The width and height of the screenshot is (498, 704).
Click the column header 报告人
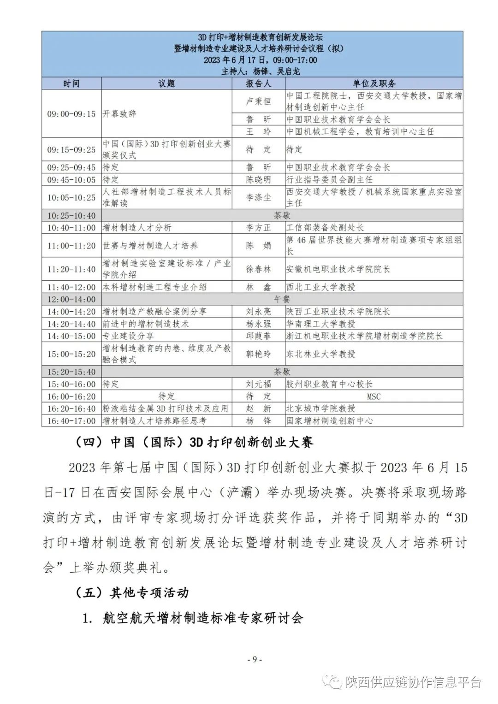(x=258, y=83)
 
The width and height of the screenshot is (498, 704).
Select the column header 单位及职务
(x=373, y=83)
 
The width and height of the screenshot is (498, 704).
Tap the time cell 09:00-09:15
(x=71, y=113)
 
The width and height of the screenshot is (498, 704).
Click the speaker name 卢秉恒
(x=258, y=101)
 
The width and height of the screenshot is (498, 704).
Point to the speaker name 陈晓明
(x=258, y=179)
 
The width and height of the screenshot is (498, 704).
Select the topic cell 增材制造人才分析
(x=137, y=228)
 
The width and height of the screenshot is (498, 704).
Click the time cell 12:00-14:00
(x=71, y=300)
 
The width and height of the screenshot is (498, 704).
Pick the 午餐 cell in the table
(x=282, y=300)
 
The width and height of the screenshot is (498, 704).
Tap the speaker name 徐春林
(x=258, y=269)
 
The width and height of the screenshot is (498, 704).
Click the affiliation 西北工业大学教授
(x=321, y=287)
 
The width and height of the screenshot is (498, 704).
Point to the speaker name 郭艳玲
(x=258, y=354)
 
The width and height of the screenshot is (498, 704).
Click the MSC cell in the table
(x=373, y=396)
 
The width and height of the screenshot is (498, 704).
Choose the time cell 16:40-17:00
(x=71, y=421)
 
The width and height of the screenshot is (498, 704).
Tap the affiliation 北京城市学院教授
(x=321, y=408)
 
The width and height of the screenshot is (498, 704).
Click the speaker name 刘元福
(x=258, y=384)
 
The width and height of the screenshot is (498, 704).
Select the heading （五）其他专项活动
(x=132, y=592)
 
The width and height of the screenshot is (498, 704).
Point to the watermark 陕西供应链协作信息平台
(x=413, y=681)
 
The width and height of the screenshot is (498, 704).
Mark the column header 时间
(x=71, y=83)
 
